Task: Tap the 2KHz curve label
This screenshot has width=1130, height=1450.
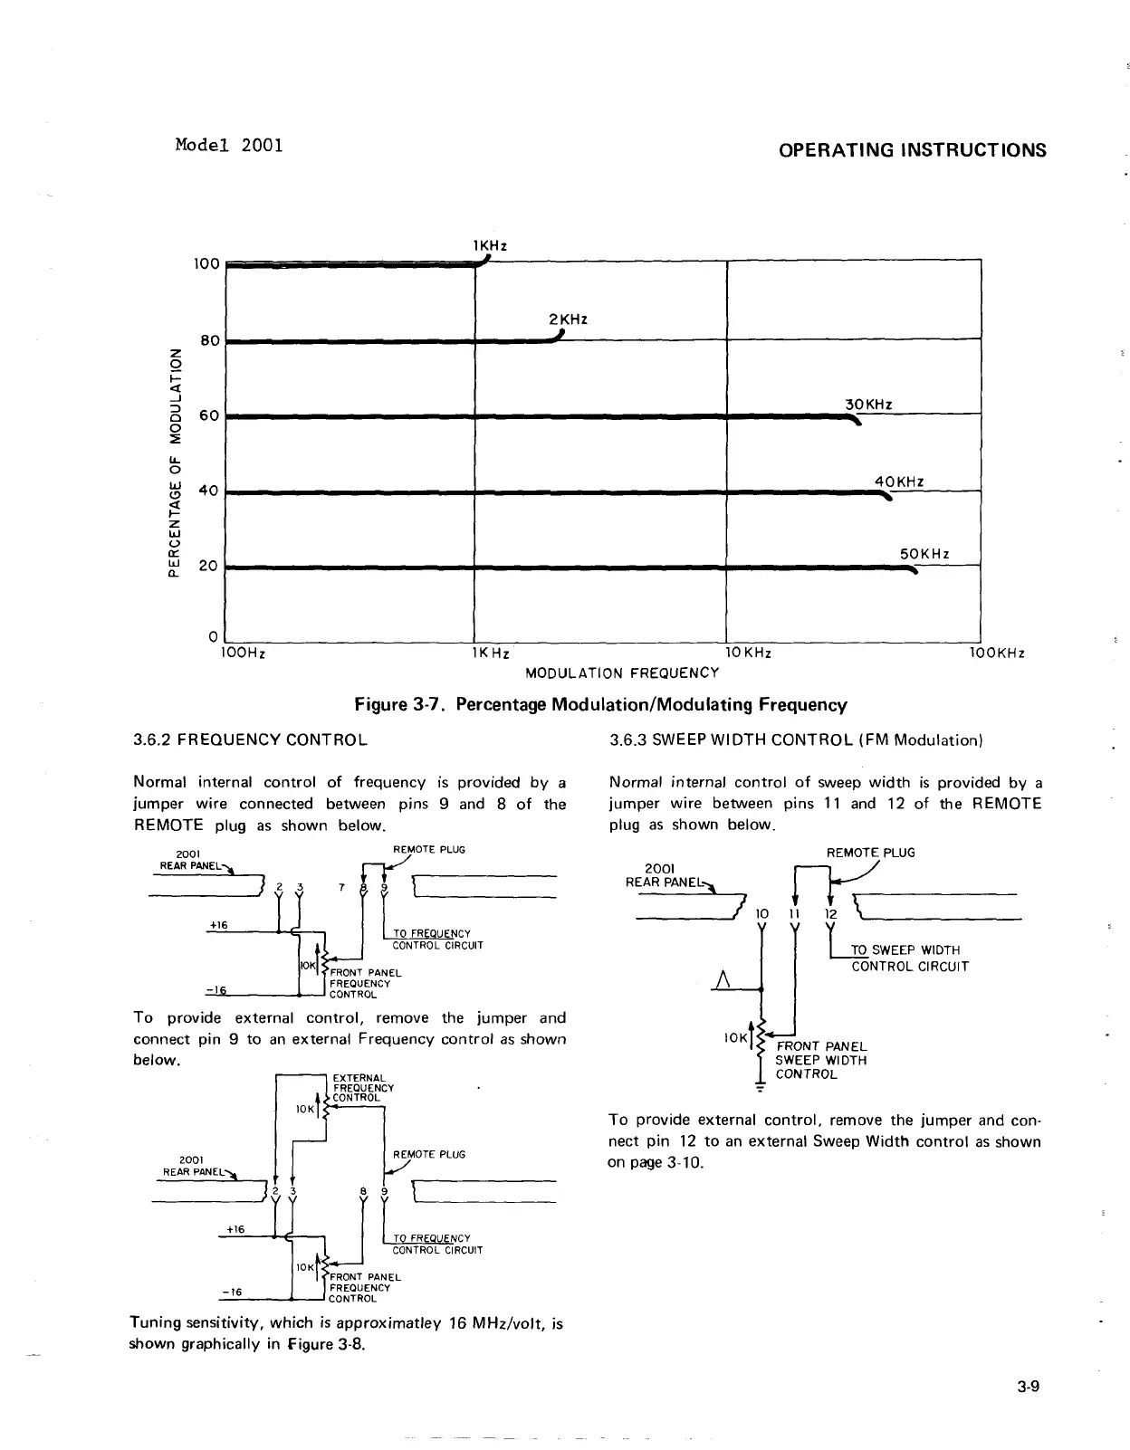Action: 569,320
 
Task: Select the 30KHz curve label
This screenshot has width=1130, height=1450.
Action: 868,405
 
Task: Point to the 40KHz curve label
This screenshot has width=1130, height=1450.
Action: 899,482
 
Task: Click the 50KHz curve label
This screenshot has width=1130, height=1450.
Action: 924,554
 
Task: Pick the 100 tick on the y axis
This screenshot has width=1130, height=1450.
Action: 207,264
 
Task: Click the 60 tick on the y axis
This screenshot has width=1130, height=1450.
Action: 209,416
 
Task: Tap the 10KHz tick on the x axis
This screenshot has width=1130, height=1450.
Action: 748,653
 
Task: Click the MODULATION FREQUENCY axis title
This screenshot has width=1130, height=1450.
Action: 622,673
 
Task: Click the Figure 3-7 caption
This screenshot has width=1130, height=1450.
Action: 600,704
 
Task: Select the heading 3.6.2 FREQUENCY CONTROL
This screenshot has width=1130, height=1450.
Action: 250,739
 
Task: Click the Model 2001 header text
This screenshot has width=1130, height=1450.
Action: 228,145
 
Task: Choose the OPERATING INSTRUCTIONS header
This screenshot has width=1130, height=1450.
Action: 912,150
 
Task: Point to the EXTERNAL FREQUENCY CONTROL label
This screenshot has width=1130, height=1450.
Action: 362,1087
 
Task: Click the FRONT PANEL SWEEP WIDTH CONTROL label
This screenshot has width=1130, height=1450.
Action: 820,1060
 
